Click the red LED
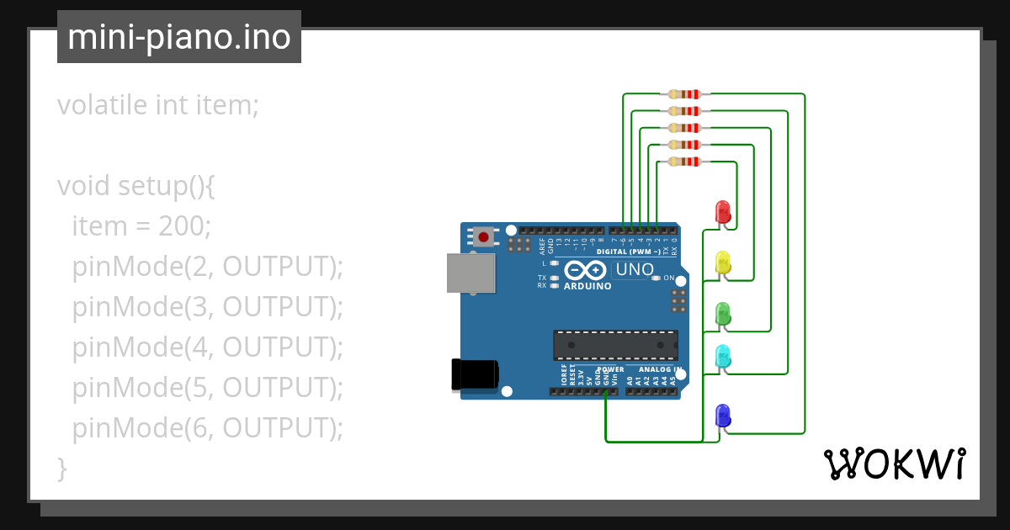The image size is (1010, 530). (722, 211)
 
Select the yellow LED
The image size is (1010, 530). (722, 262)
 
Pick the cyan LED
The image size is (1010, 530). (722, 356)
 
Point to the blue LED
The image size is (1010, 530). (722, 415)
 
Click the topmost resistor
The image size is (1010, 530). (683, 94)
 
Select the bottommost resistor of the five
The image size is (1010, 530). (683, 162)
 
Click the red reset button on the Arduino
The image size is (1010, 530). (483, 236)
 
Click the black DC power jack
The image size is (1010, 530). (475, 374)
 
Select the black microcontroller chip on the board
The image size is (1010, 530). (615, 345)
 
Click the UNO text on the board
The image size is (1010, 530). (635, 270)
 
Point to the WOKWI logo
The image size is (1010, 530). (894, 464)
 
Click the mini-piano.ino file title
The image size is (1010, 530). (179, 37)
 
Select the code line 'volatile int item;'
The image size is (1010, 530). (158, 105)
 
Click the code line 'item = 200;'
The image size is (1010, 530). (141, 225)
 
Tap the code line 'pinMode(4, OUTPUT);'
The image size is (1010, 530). (208, 347)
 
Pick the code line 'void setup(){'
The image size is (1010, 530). (136, 185)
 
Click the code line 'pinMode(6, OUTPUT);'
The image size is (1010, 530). (208, 428)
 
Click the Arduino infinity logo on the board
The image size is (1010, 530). (585, 271)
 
